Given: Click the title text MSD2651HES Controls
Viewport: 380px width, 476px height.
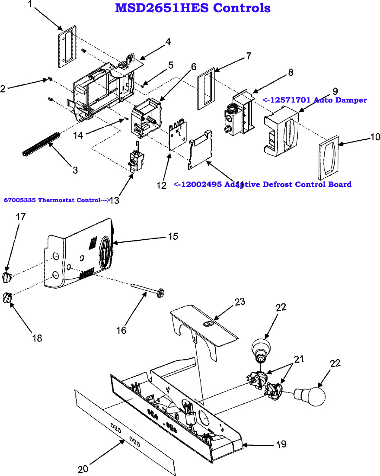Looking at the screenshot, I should pyautogui.click(x=193, y=8).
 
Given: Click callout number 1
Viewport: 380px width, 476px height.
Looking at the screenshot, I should pyautogui.click(x=30, y=5).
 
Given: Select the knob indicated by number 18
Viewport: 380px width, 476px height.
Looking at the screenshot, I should pyautogui.click(x=6, y=297).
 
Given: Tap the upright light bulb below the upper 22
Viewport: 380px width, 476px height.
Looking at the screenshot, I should pyautogui.click(x=261, y=348).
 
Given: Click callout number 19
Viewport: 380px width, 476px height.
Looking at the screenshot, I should pyautogui.click(x=281, y=444).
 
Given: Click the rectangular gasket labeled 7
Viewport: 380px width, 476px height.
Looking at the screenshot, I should pyautogui.click(x=206, y=89).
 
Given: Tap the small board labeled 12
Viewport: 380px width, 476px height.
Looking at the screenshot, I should pyautogui.click(x=177, y=137).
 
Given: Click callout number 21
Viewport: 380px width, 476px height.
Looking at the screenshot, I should pyautogui.click(x=299, y=359).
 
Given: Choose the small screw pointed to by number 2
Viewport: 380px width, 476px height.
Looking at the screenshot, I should pyautogui.click(x=50, y=79).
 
